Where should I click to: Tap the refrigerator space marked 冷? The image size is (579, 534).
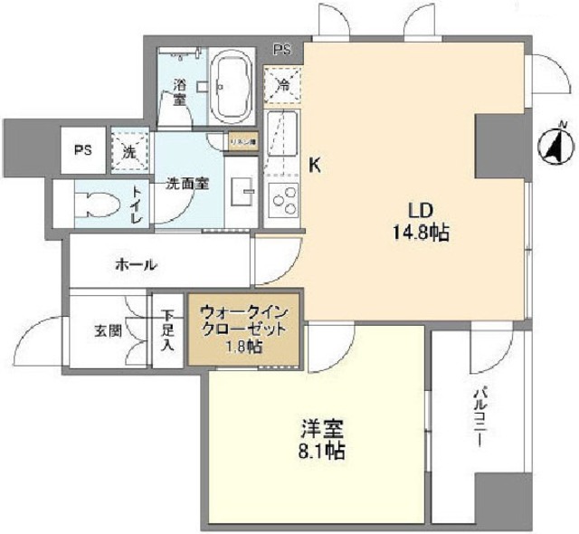coord(280,88)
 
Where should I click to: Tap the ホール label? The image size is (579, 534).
coord(137,265)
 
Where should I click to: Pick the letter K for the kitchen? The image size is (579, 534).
coord(314,166)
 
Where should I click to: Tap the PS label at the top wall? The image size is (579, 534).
coord(283,50)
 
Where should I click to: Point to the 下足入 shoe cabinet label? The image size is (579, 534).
coord(166,331)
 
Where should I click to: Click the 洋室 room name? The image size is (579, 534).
coord(322,425)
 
